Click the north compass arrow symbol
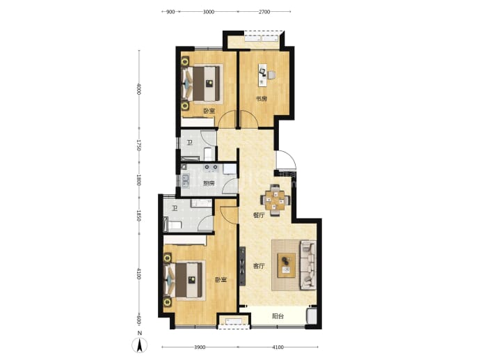pos(140,345)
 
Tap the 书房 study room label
pos(262,99)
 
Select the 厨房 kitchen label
pos(209,184)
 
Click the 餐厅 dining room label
pos(259,215)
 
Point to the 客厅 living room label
pos(259,266)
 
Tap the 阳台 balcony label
pos(278,316)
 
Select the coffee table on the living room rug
pos(287,265)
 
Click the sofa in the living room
pos(309,265)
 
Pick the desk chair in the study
pos(272,75)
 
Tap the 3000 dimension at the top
pos(209,12)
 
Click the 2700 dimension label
pos(264,12)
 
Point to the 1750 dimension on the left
pos(138,145)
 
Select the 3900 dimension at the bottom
pos(200,347)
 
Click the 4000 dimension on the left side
pos(138,89)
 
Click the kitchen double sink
pos(185,181)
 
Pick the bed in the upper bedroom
pos(202,84)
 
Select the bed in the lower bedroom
pos(184,280)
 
